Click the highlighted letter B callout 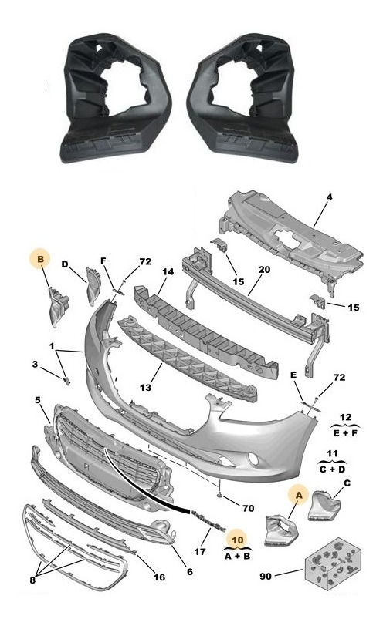[41, 259]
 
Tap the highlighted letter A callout [299, 496]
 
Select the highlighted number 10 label [238, 540]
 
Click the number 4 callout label [329, 197]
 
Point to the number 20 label [264, 270]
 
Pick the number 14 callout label [168, 271]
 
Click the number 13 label [145, 387]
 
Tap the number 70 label [249, 508]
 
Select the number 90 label [266, 576]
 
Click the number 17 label [200, 552]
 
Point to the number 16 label [159, 577]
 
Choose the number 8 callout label [32, 580]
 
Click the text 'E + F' [345, 433]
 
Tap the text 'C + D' [332, 469]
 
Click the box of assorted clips [331, 563]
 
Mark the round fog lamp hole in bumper [253, 459]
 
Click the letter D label [65, 264]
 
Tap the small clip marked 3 [66, 380]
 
